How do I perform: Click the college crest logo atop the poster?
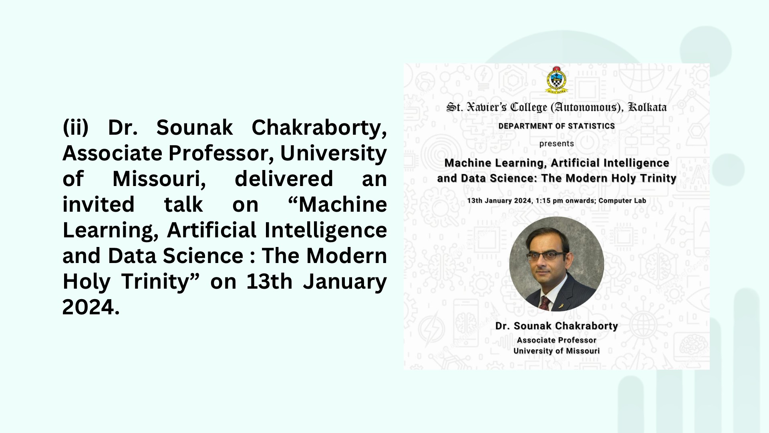556,80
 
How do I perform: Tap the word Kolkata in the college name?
648,107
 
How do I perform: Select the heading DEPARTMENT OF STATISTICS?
556,126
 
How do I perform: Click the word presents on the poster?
556,144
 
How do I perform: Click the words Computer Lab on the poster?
622,200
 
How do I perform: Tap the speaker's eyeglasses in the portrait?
546,256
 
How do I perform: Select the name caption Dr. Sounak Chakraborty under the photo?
556,326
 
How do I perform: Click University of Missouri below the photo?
556,351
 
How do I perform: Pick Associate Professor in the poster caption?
556,340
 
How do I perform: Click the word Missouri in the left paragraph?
159,179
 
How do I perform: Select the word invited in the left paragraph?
99,204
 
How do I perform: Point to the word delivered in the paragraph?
284,179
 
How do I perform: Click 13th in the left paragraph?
269,281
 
